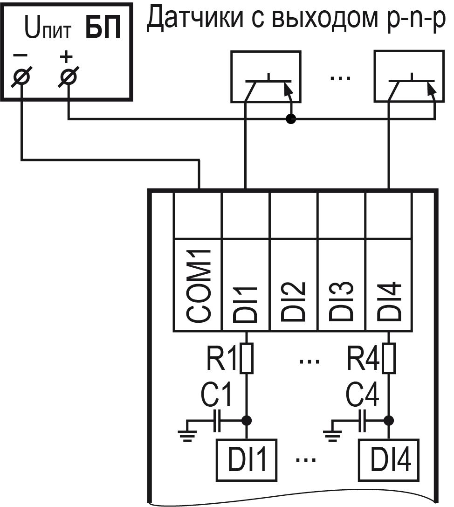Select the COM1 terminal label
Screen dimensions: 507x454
pos(198,285)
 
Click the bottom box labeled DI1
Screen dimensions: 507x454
pos(246,459)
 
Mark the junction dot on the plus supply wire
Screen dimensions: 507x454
pos(291,120)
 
